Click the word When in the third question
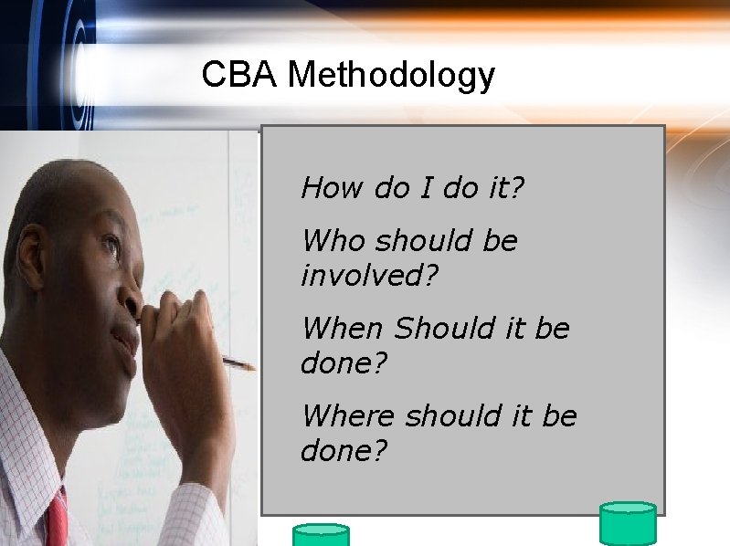[344, 328]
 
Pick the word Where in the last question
[349, 415]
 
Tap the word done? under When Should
[344, 362]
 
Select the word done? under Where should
[344, 450]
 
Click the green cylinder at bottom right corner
[628, 524]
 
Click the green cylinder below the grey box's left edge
[320, 535]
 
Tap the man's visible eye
[111, 245]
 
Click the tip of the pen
[252, 369]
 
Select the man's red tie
[58, 520]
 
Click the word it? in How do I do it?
[503, 188]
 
